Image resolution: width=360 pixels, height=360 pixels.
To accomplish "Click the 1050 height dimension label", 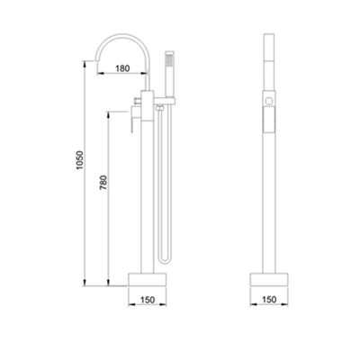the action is click(79, 160).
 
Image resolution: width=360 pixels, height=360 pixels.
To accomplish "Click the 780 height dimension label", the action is click(103, 183).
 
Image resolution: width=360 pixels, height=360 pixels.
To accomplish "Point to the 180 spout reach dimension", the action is click(122, 68).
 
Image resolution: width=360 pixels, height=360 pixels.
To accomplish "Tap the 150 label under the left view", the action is click(148, 300).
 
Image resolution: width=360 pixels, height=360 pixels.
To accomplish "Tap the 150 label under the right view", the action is click(269, 300).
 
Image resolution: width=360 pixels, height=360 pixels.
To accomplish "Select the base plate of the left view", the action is click(147, 279).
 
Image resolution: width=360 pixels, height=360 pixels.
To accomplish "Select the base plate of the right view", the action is click(269, 279).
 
